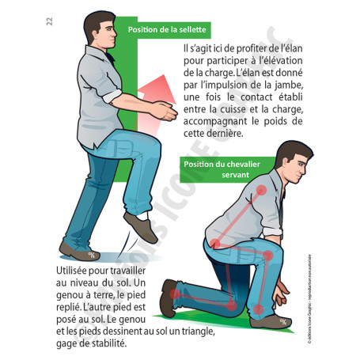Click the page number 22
(49, 21)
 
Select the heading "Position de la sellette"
(167, 30)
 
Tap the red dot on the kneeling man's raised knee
(268, 255)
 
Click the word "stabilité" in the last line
(101, 344)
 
